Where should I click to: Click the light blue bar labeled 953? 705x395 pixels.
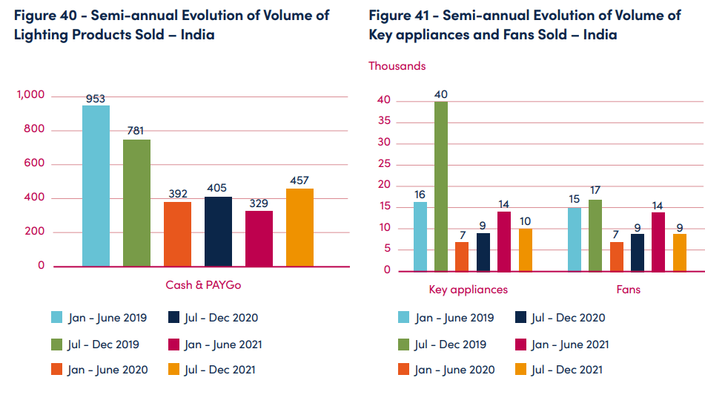(96, 186)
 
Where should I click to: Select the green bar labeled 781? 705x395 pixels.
(136, 203)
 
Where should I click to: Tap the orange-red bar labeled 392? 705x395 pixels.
(177, 234)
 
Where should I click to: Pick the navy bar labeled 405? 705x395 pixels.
(218, 232)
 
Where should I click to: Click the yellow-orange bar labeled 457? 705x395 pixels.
(299, 227)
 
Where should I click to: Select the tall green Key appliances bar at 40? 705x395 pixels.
(441, 186)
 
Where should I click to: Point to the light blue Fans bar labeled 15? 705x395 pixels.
(575, 239)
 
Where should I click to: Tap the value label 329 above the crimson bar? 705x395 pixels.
(259, 202)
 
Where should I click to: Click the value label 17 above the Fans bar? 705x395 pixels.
(595, 190)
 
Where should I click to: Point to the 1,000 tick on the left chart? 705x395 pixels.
(31, 95)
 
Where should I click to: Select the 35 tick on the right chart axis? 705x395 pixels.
(383, 122)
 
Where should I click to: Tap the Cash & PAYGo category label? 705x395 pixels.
(203, 285)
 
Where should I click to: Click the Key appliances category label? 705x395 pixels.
(469, 290)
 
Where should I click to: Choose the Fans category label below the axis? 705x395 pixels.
(628, 290)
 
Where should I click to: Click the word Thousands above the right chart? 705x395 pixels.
(397, 66)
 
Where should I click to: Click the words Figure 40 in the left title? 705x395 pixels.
(43, 15)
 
